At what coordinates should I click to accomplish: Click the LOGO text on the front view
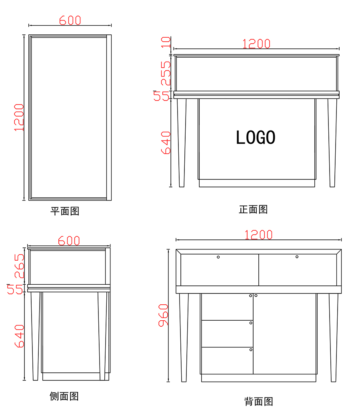tap(256, 138)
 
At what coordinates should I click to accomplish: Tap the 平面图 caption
tap(65, 211)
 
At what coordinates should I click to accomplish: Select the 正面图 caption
tap(253, 209)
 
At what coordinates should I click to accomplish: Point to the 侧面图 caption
tap(64, 396)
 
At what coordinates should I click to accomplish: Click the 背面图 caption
tap(258, 401)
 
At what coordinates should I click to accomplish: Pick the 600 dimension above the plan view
tap(70, 20)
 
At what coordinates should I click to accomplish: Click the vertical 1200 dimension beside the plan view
tap(19, 117)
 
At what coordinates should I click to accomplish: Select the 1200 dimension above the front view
tap(256, 44)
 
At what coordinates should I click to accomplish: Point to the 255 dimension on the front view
tap(166, 74)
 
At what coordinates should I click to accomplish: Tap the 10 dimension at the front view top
tap(166, 42)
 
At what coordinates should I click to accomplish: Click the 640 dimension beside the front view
tap(166, 143)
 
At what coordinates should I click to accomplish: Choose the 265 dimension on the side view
tap(19, 266)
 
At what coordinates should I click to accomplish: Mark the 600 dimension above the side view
tap(69, 241)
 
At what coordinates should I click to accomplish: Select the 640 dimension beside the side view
tap(19, 336)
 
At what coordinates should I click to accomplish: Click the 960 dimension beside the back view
tap(163, 315)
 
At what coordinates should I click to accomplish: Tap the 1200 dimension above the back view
tap(259, 235)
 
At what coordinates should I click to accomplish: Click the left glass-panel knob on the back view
tap(218, 257)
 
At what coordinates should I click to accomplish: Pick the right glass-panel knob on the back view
tap(297, 257)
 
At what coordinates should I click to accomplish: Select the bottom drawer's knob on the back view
tap(251, 350)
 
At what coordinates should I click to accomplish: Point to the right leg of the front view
tap(332, 142)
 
